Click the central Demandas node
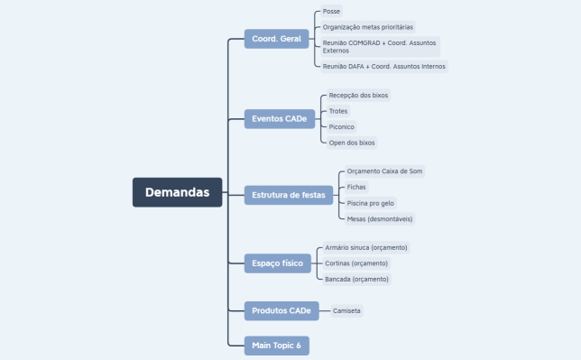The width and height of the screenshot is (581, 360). pyautogui.click(x=177, y=192)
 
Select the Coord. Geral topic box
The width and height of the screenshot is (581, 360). pyautogui.click(x=277, y=39)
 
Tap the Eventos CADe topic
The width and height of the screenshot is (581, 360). pyautogui.click(x=280, y=118)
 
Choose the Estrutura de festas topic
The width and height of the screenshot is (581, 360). pyautogui.click(x=288, y=195)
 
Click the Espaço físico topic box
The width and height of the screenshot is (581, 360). pyautogui.click(x=278, y=263)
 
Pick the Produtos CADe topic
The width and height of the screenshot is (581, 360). pyautogui.click(x=281, y=311)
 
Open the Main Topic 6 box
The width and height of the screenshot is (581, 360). pyautogui.click(x=276, y=345)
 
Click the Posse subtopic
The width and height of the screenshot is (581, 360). pyautogui.click(x=332, y=12)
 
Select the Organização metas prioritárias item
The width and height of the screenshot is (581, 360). pyautogui.click(x=374, y=27)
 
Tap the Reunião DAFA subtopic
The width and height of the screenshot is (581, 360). pyautogui.click(x=383, y=66)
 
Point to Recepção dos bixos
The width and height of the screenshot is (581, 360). pyautogui.click(x=358, y=95)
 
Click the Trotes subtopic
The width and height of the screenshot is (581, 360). pyautogui.click(x=338, y=111)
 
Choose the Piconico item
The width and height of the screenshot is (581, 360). pyautogui.click(x=342, y=127)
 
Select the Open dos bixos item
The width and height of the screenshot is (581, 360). pyautogui.click(x=352, y=143)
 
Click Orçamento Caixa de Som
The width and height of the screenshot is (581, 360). pyautogui.click(x=384, y=171)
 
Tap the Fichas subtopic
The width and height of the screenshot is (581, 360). pyautogui.click(x=356, y=187)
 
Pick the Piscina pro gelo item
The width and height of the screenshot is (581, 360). pyautogui.click(x=371, y=203)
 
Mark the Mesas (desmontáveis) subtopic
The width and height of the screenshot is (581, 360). pyautogui.click(x=381, y=218)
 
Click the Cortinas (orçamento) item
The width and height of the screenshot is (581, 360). pyautogui.click(x=356, y=263)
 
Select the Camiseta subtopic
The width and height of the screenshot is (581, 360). pyautogui.click(x=346, y=311)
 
